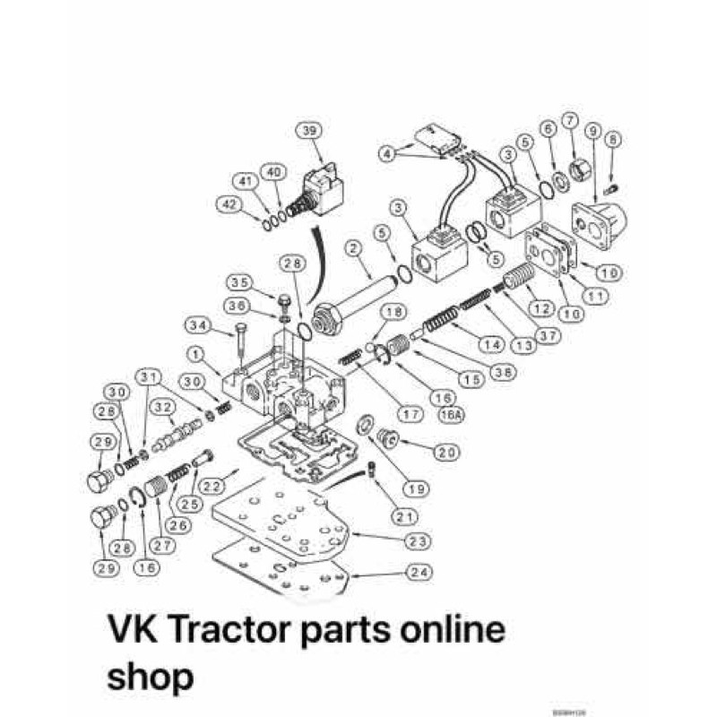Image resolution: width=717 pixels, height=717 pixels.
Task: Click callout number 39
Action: [310, 130]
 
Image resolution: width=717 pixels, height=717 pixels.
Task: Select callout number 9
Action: [591, 130]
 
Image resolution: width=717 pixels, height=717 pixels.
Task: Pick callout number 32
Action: [162, 409]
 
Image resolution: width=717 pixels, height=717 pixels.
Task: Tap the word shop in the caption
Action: [150, 675]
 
